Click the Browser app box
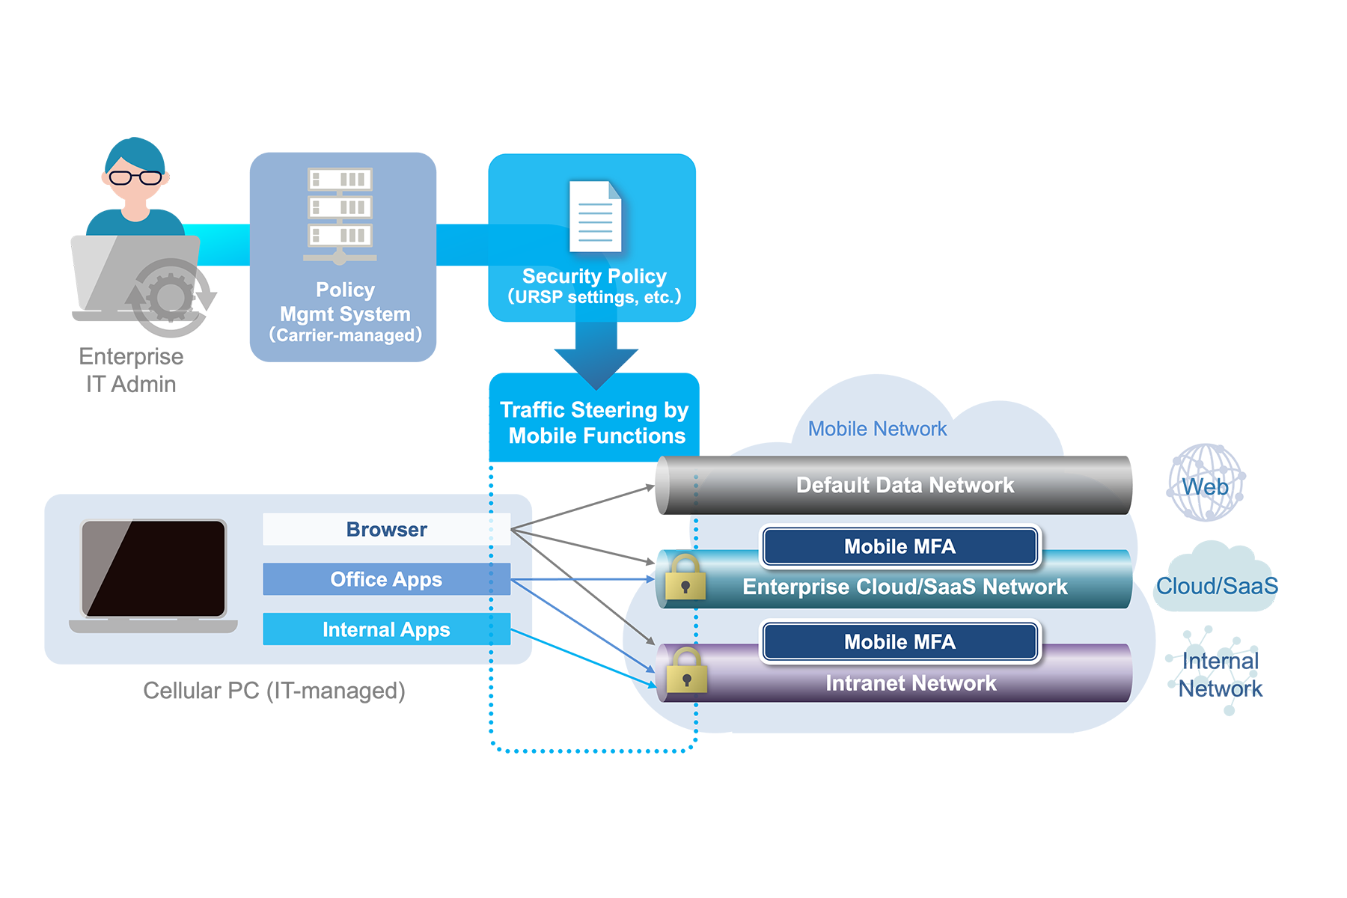[386, 529]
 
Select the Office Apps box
[386, 579]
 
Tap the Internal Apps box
[386, 629]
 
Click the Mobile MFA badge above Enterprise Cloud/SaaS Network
[899, 546]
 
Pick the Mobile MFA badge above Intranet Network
[899, 641]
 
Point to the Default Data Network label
[905, 485]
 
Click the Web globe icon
[1205, 483]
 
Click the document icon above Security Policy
[595, 216]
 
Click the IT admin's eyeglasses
[135, 178]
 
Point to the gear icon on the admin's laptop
[171, 297]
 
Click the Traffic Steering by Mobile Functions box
[595, 423]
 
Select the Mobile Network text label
[877, 429]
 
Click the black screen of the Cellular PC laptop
[153, 568]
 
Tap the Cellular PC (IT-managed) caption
[274, 690]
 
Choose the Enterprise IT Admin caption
[131, 370]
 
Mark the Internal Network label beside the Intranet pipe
[1220, 674]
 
